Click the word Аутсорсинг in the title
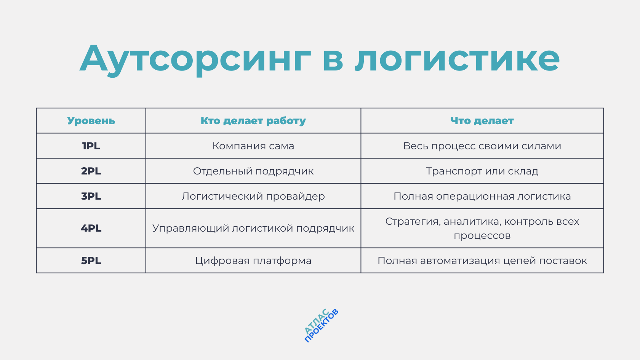pos(195,59)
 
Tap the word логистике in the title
pos(457,59)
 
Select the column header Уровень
pos(91,121)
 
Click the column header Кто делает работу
pos(253,121)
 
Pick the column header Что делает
pos(482,121)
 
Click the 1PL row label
pos(91,146)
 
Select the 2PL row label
pos(91,171)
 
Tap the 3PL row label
pos(91,196)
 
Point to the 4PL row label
pos(91,228)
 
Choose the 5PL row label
pos(91,261)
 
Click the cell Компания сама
pos(253,146)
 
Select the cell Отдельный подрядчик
pos(253,171)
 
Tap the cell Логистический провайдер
pos(253,196)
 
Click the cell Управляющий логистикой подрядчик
pos(253,228)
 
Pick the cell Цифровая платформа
pos(253,261)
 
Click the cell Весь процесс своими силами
pos(482,146)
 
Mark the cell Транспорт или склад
pos(482,171)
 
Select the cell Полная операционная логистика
pos(482,196)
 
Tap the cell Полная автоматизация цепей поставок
pos(482,261)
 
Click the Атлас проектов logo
pos(321,326)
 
